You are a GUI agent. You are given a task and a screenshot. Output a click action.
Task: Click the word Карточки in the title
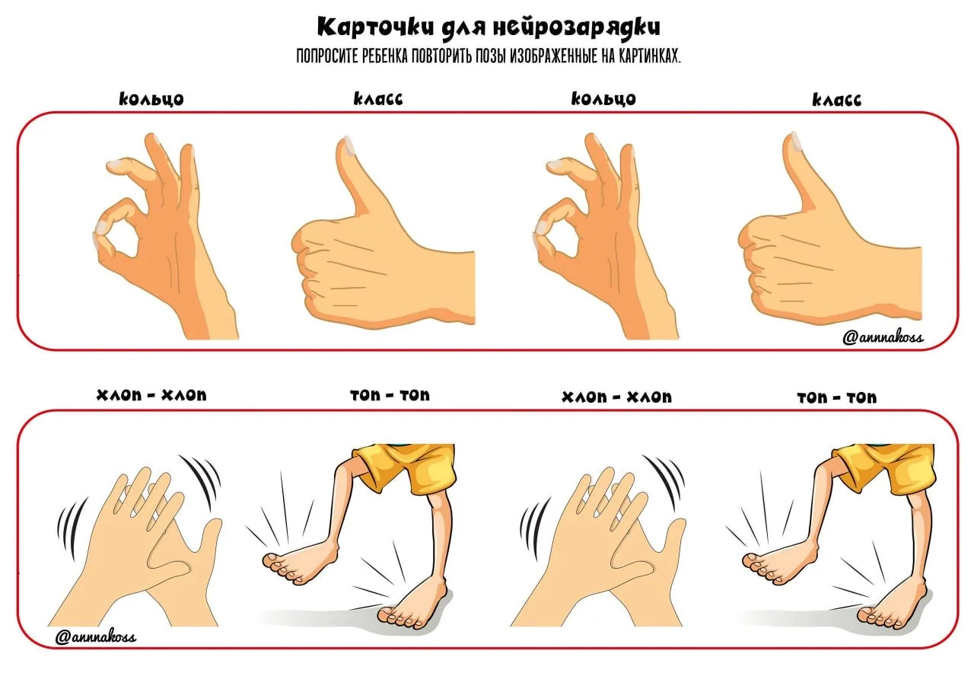point(376,27)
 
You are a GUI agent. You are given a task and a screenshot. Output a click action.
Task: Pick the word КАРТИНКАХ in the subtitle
point(649,56)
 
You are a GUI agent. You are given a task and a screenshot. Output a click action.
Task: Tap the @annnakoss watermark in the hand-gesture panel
point(883,337)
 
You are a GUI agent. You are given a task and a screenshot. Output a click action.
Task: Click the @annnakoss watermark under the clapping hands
point(96,637)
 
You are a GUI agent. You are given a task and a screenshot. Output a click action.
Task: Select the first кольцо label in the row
point(151,99)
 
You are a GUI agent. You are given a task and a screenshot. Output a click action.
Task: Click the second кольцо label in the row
point(603,99)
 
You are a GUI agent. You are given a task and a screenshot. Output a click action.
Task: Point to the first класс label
point(378,99)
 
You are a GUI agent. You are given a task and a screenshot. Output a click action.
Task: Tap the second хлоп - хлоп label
point(616,397)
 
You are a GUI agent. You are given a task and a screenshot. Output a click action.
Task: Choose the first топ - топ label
point(390,395)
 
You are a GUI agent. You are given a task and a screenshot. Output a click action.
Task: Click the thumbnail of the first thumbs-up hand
point(349,145)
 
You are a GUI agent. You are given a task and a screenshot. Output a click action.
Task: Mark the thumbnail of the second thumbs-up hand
point(796,142)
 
